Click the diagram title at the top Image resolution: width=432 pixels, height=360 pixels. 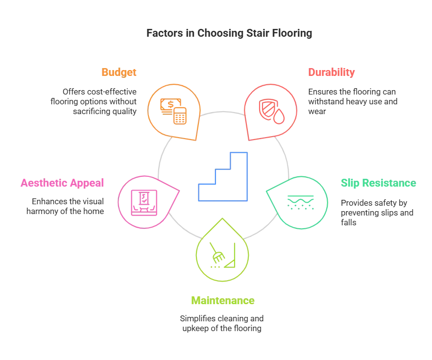[x=229, y=34]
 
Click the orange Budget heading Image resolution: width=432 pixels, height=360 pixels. [x=119, y=72]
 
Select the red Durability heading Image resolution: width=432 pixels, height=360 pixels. [x=331, y=72]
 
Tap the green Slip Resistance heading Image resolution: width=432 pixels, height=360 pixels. [x=379, y=184]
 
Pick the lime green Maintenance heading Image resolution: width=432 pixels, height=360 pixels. [x=222, y=300]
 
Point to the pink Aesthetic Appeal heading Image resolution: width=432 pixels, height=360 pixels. [x=62, y=183]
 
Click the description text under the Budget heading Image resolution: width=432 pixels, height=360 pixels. [x=93, y=102]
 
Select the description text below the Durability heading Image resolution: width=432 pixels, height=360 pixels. [x=351, y=100]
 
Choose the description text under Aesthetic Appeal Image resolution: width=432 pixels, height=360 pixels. [x=65, y=205]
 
